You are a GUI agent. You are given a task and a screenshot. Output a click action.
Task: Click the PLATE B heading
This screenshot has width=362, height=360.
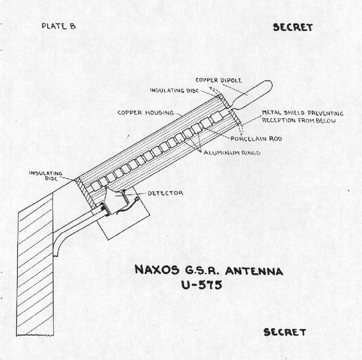59,26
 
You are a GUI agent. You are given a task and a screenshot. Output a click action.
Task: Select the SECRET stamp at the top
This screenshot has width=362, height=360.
293,28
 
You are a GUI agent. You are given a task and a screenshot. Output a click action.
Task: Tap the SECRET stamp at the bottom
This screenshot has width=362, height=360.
285,332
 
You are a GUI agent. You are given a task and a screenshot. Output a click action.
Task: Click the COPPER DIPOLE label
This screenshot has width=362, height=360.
219,80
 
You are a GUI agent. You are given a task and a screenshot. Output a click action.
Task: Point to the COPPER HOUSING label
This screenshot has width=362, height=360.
146,113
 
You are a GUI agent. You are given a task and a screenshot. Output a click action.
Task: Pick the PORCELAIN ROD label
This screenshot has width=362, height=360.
256,139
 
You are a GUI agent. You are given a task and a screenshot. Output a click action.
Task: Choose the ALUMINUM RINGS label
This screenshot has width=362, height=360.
232,152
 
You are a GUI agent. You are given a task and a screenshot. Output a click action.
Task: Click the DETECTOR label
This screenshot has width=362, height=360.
165,193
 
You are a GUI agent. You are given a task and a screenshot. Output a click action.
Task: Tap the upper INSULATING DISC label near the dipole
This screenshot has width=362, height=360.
174,90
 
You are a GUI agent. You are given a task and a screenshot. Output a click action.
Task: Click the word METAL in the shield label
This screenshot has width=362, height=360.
271,113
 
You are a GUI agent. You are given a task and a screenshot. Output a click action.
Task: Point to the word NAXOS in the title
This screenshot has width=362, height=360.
157,270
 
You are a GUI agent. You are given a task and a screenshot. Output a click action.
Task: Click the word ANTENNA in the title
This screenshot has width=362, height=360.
254,271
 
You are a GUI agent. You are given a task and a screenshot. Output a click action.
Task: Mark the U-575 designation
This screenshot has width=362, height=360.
201,285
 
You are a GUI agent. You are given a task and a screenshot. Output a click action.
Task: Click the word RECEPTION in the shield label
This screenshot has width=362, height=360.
275,120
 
